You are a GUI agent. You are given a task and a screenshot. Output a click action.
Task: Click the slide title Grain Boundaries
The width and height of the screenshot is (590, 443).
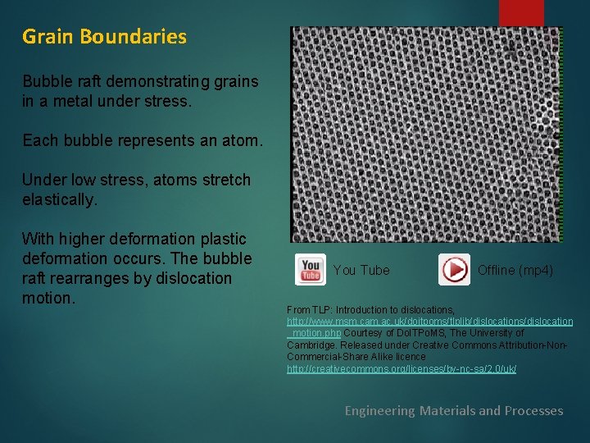click(104, 37)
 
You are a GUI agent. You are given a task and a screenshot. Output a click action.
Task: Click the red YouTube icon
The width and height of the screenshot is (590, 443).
click(311, 269)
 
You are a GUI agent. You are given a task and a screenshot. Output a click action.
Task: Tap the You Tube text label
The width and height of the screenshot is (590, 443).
click(361, 270)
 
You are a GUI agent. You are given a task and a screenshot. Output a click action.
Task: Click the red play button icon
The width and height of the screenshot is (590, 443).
click(454, 269)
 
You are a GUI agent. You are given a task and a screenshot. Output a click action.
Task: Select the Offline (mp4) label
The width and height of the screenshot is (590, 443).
click(515, 270)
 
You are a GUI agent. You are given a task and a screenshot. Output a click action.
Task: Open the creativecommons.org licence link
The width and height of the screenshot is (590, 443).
click(401, 369)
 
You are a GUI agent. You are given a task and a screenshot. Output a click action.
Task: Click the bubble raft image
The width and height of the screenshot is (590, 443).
click(426, 134)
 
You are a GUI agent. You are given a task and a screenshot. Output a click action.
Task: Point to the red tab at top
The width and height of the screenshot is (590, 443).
click(521, 12)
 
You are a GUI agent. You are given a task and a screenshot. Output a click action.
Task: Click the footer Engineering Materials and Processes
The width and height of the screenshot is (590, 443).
click(453, 410)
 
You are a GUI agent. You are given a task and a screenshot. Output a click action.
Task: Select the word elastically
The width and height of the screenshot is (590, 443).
click(60, 199)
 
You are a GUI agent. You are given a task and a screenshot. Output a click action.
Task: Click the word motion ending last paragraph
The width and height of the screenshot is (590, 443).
click(48, 298)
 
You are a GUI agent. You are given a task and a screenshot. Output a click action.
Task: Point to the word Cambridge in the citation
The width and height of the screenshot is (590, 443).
click(315, 345)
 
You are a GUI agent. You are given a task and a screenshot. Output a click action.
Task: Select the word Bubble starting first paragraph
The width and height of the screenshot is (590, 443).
click(46, 82)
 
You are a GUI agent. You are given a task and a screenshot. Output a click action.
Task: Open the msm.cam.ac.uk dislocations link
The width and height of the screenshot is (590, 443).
click(429, 322)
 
